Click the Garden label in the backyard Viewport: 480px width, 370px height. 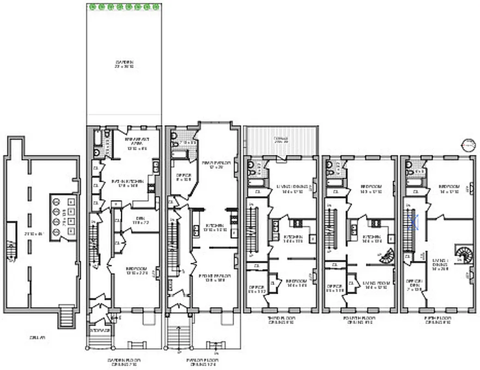pos(124,64)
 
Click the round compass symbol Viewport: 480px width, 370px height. pos(468,145)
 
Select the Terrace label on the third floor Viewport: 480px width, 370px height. pos(280,140)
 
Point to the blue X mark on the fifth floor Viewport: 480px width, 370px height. pos(415,222)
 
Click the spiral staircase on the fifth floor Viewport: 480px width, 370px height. pos(463,254)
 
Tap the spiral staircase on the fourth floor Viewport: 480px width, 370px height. pos(386,256)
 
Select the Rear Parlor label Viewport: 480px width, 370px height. pos(213,165)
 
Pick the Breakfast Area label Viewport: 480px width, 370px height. pos(137,141)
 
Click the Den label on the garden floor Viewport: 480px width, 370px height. pos(140,221)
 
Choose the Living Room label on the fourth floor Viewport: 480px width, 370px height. pos(374,284)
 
